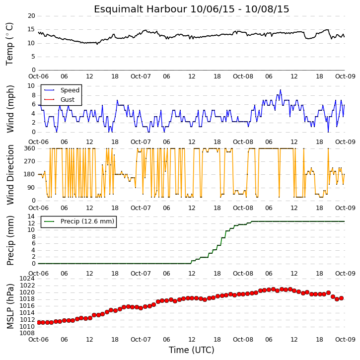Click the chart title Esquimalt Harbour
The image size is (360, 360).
tap(140, 9)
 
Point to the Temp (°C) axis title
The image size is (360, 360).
tap(9, 44)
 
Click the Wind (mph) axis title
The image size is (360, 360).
tap(10, 109)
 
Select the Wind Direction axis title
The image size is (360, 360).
tap(10, 174)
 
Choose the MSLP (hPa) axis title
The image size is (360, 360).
tap(10, 306)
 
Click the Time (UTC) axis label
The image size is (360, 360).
tap(192, 350)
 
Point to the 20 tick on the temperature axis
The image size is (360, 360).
tap(31, 16)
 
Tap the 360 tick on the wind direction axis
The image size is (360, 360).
tap(30, 148)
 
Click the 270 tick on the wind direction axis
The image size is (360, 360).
tap(30, 161)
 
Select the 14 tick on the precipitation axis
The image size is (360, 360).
tap(31, 216)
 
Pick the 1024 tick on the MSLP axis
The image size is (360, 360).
tap(27, 279)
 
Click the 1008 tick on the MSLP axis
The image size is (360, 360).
tap(27, 333)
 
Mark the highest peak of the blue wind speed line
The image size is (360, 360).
tap(281, 90)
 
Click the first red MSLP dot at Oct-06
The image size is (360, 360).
tap(39, 323)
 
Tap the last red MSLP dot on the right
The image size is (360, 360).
tap(341, 298)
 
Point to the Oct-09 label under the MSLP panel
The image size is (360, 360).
tap(345, 339)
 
